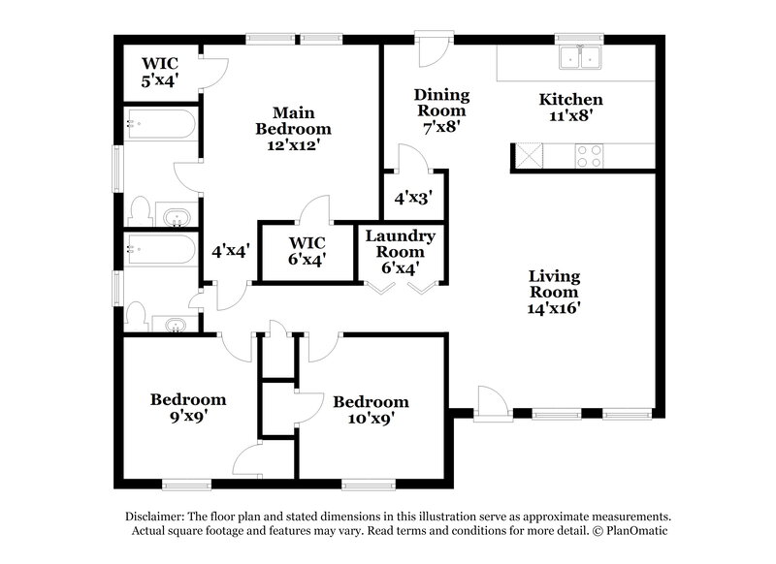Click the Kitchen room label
pyautogui.click(x=571, y=100)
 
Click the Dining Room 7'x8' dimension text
pyautogui.click(x=441, y=125)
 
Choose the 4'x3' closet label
pyautogui.click(x=412, y=196)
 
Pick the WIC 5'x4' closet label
pyautogui.click(x=160, y=73)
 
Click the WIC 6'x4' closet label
pyautogui.click(x=307, y=250)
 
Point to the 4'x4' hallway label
pyautogui.click(x=231, y=250)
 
